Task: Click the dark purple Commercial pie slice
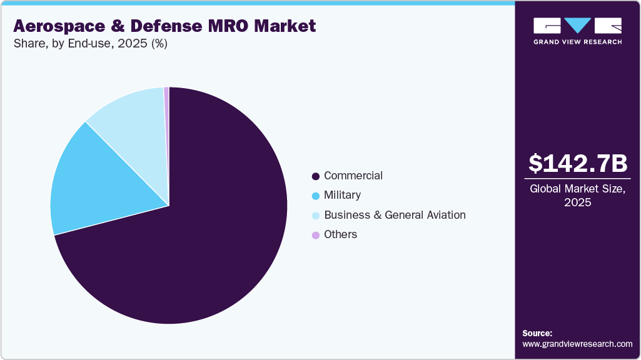coord(206,244)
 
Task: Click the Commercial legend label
coord(353,176)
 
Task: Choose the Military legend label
coord(342,195)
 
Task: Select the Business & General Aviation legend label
coord(394,215)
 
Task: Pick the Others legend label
coord(340,234)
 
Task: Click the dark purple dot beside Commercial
coord(315,176)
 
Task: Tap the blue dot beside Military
coord(315,196)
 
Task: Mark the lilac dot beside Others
coord(315,235)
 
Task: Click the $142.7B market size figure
coord(577,163)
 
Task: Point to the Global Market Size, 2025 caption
coord(577,196)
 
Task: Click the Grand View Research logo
coord(577,31)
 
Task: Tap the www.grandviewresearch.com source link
coord(577,344)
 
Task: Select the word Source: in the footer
coord(537,333)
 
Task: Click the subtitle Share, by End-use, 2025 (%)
coord(90,44)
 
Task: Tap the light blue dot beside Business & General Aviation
coord(315,216)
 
